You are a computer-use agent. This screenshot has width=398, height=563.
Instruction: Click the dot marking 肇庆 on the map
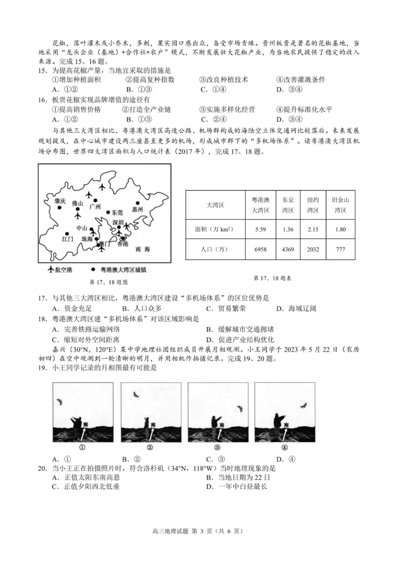click(60, 208)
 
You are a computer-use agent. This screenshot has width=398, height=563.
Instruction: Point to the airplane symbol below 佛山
click(78, 217)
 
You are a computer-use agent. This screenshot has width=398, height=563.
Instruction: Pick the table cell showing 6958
click(260, 249)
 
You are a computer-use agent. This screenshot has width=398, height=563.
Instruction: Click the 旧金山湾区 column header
click(340, 205)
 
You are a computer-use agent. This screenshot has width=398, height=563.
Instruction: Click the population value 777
click(340, 249)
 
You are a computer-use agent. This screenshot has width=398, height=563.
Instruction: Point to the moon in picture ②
click(135, 394)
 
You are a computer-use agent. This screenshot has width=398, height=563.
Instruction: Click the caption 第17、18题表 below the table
click(272, 279)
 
